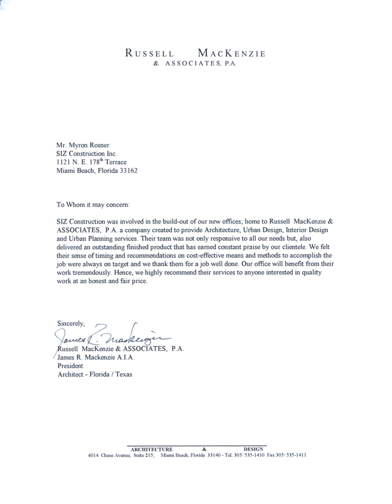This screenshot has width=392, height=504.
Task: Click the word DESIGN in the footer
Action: pyautogui.click(x=254, y=449)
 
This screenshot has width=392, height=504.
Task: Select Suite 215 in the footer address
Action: pyautogui.click(x=141, y=455)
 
